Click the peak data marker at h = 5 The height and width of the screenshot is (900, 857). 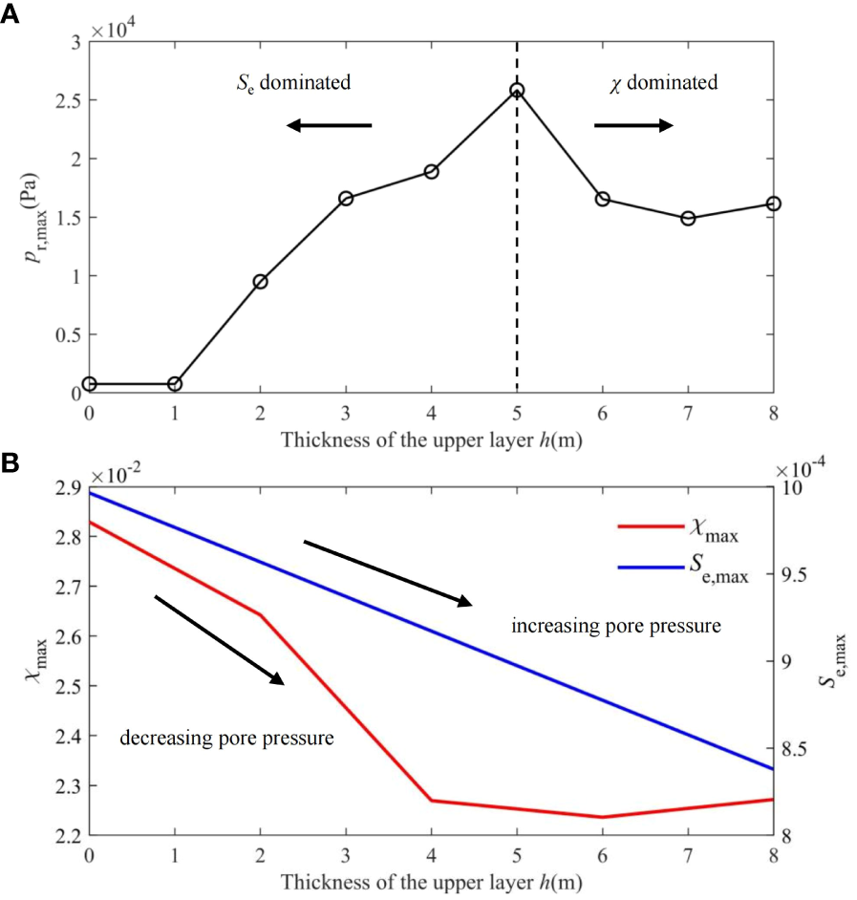tap(517, 91)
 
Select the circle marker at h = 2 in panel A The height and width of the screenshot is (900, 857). tap(260, 282)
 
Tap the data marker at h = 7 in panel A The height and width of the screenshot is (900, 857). tap(688, 219)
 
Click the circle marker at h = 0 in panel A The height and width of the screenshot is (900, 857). tap(89, 384)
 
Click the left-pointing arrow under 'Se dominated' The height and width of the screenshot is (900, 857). tap(329, 125)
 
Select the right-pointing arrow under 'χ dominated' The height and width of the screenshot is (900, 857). tap(633, 125)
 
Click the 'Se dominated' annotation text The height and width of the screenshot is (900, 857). tap(293, 83)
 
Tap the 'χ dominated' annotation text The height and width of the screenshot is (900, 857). tap(664, 83)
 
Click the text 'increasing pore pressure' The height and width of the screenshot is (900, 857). tap(615, 627)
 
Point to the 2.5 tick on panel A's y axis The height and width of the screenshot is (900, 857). tap(68, 100)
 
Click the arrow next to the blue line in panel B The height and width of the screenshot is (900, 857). tap(388, 573)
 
